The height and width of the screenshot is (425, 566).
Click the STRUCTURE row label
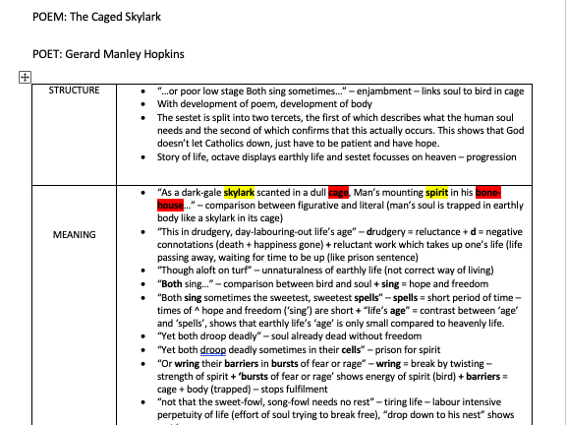75,91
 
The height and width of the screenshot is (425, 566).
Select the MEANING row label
75,235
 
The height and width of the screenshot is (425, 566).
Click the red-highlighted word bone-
488,193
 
